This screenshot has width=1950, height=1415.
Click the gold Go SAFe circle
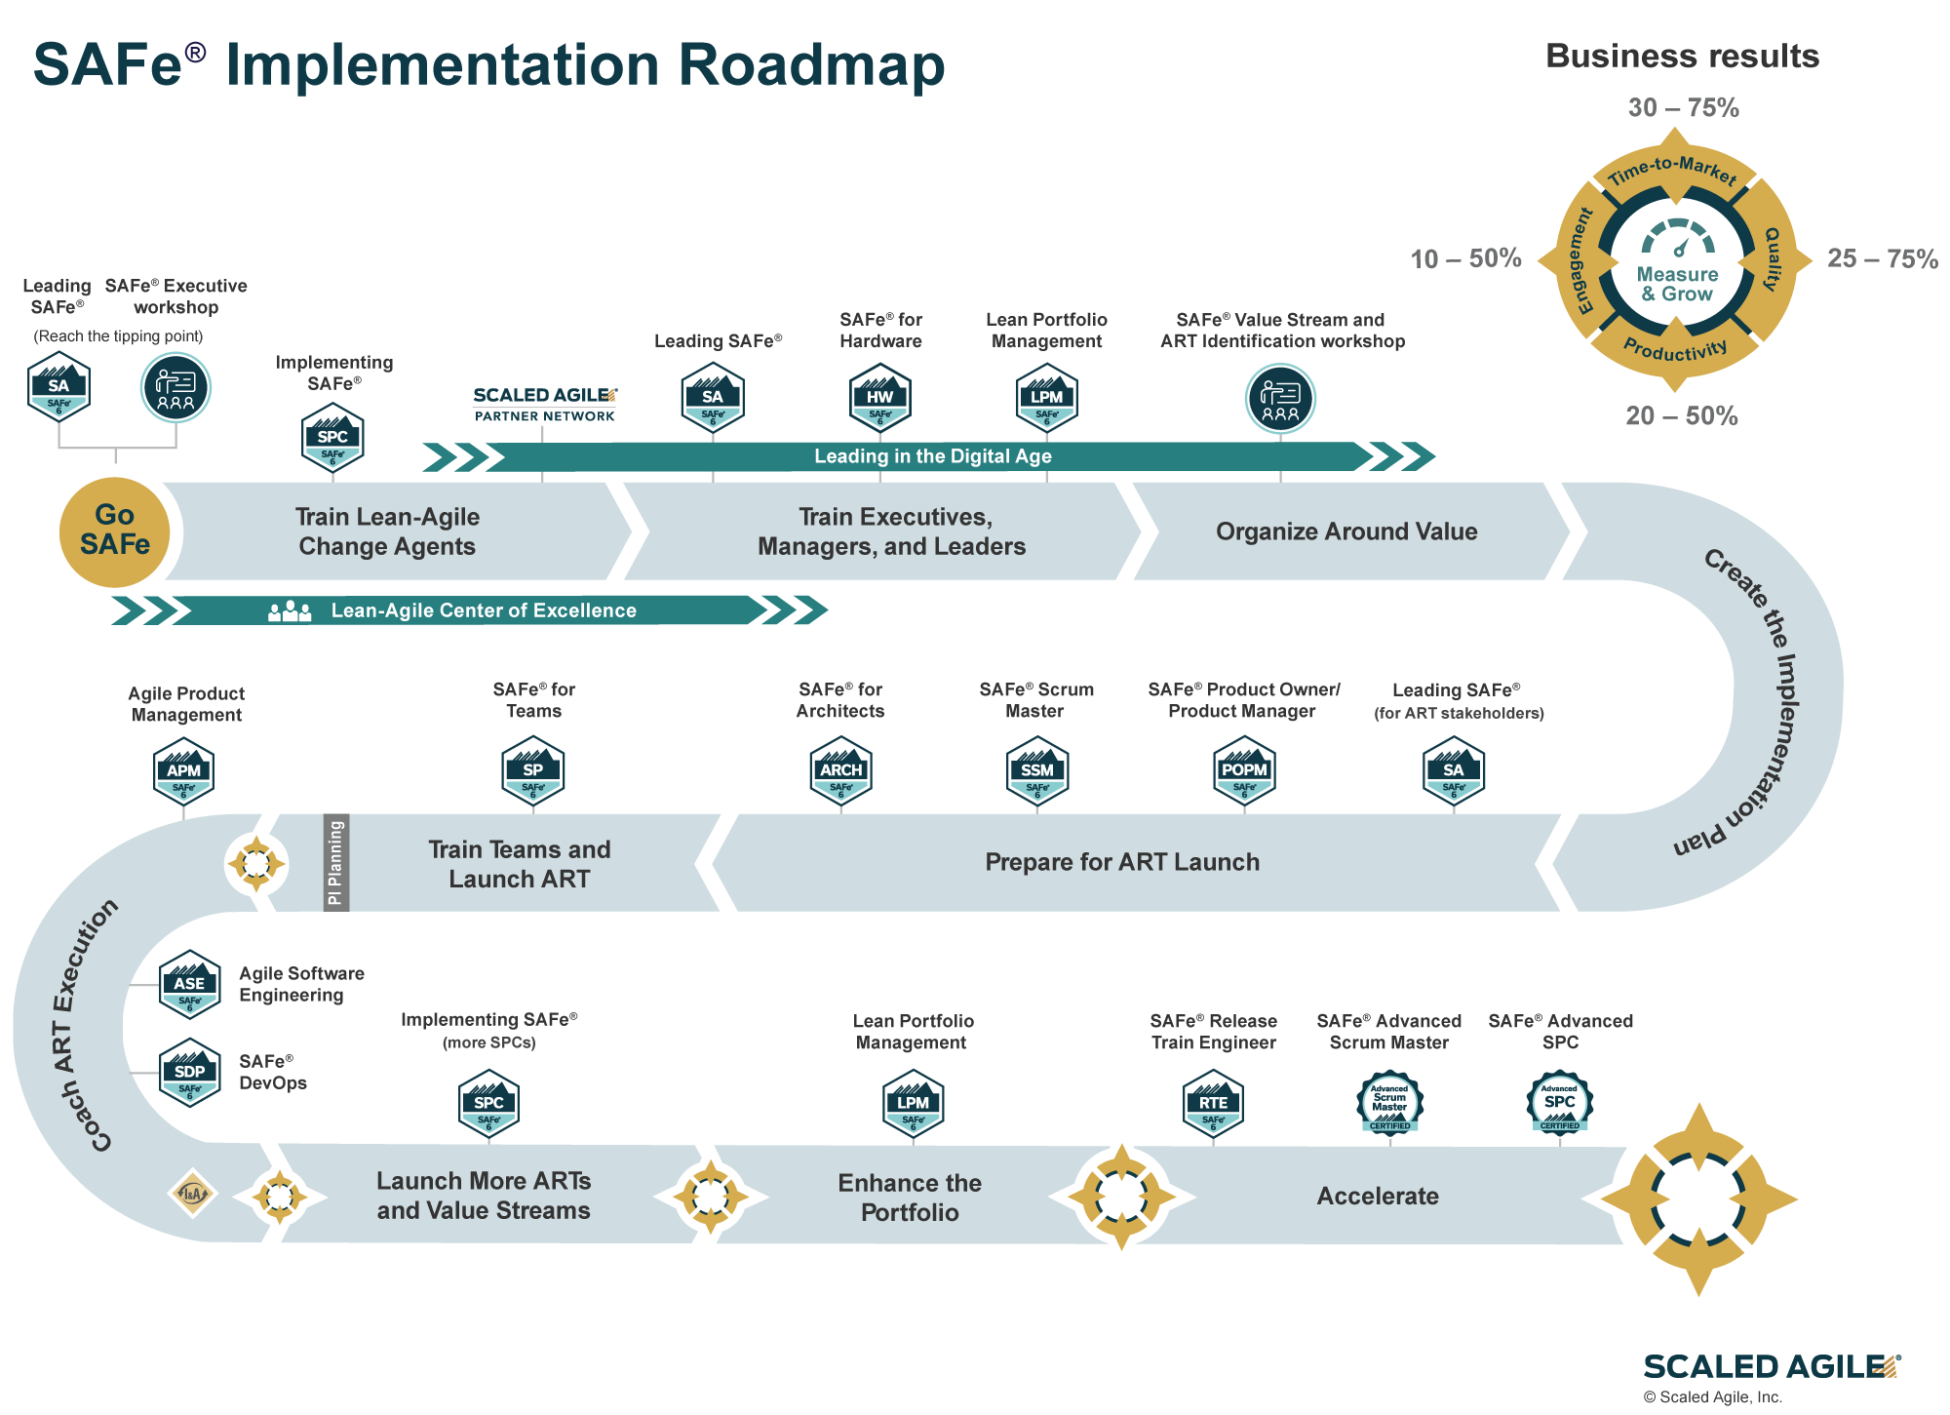pyautogui.click(x=115, y=531)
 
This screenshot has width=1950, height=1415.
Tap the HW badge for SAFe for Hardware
pyautogui.click(x=880, y=396)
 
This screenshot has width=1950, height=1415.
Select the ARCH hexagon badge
pyautogui.click(x=840, y=770)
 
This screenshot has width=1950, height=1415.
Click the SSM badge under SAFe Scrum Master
pyautogui.click(x=1036, y=770)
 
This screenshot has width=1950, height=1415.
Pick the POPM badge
pyautogui.click(x=1244, y=770)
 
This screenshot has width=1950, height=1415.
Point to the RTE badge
pyautogui.click(x=1213, y=1103)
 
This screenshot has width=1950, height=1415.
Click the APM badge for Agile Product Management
pyautogui.click(x=183, y=770)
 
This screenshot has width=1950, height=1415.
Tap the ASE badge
pyautogui.click(x=189, y=984)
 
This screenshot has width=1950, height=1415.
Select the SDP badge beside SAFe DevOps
pyautogui.click(x=189, y=1072)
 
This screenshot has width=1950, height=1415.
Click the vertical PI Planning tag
pyautogui.click(x=335, y=863)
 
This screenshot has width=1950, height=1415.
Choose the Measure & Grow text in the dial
pyautogui.click(x=1677, y=284)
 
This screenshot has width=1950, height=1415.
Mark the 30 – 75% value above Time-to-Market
pyautogui.click(x=1683, y=107)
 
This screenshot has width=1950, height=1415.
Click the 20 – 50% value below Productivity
pyautogui.click(x=1682, y=415)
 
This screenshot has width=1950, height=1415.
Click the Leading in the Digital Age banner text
pyautogui.click(x=933, y=456)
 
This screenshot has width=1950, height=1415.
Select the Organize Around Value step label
pyautogui.click(x=1346, y=531)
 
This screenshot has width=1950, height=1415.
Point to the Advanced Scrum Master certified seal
pyautogui.click(x=1389, y=1103)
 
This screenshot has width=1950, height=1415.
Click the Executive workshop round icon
pyautogui.click(x=175, y=387)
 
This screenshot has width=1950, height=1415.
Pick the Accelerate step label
pyautogui.click(x=1378, y=1197)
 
